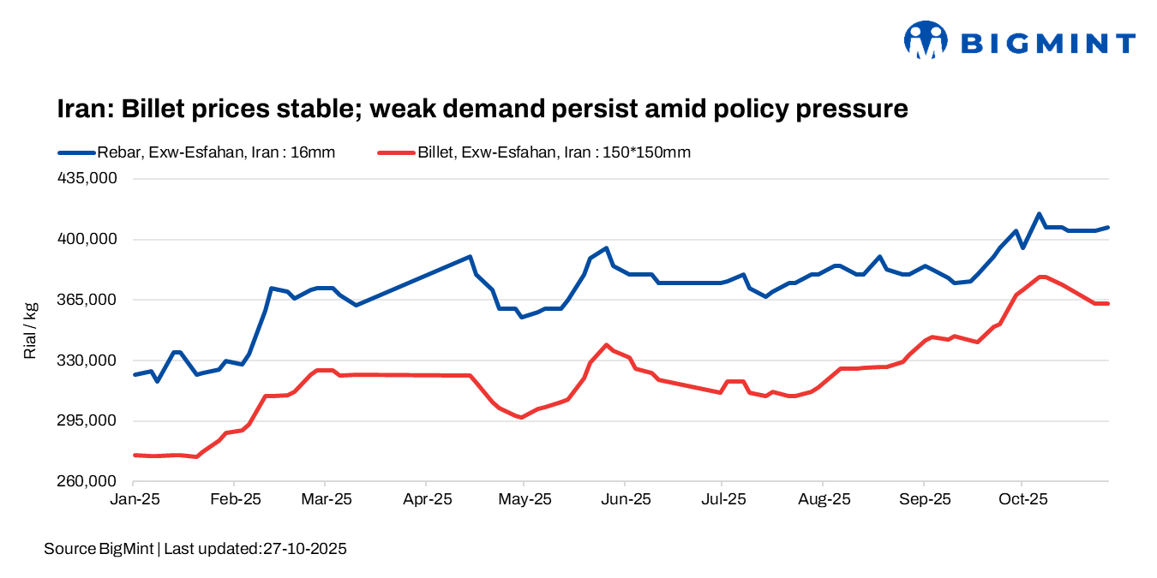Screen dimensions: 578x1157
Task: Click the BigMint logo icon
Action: [925, 40]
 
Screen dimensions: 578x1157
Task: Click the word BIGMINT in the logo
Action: [1047, 43]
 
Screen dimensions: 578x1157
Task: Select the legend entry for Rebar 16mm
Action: [196, 152]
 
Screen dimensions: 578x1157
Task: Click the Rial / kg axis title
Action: [31, 330]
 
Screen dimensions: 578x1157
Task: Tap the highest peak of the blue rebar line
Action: [1039, 214]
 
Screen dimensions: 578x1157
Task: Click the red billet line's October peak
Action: [1041, 277]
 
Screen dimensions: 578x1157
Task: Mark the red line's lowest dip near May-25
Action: [520, 417]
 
